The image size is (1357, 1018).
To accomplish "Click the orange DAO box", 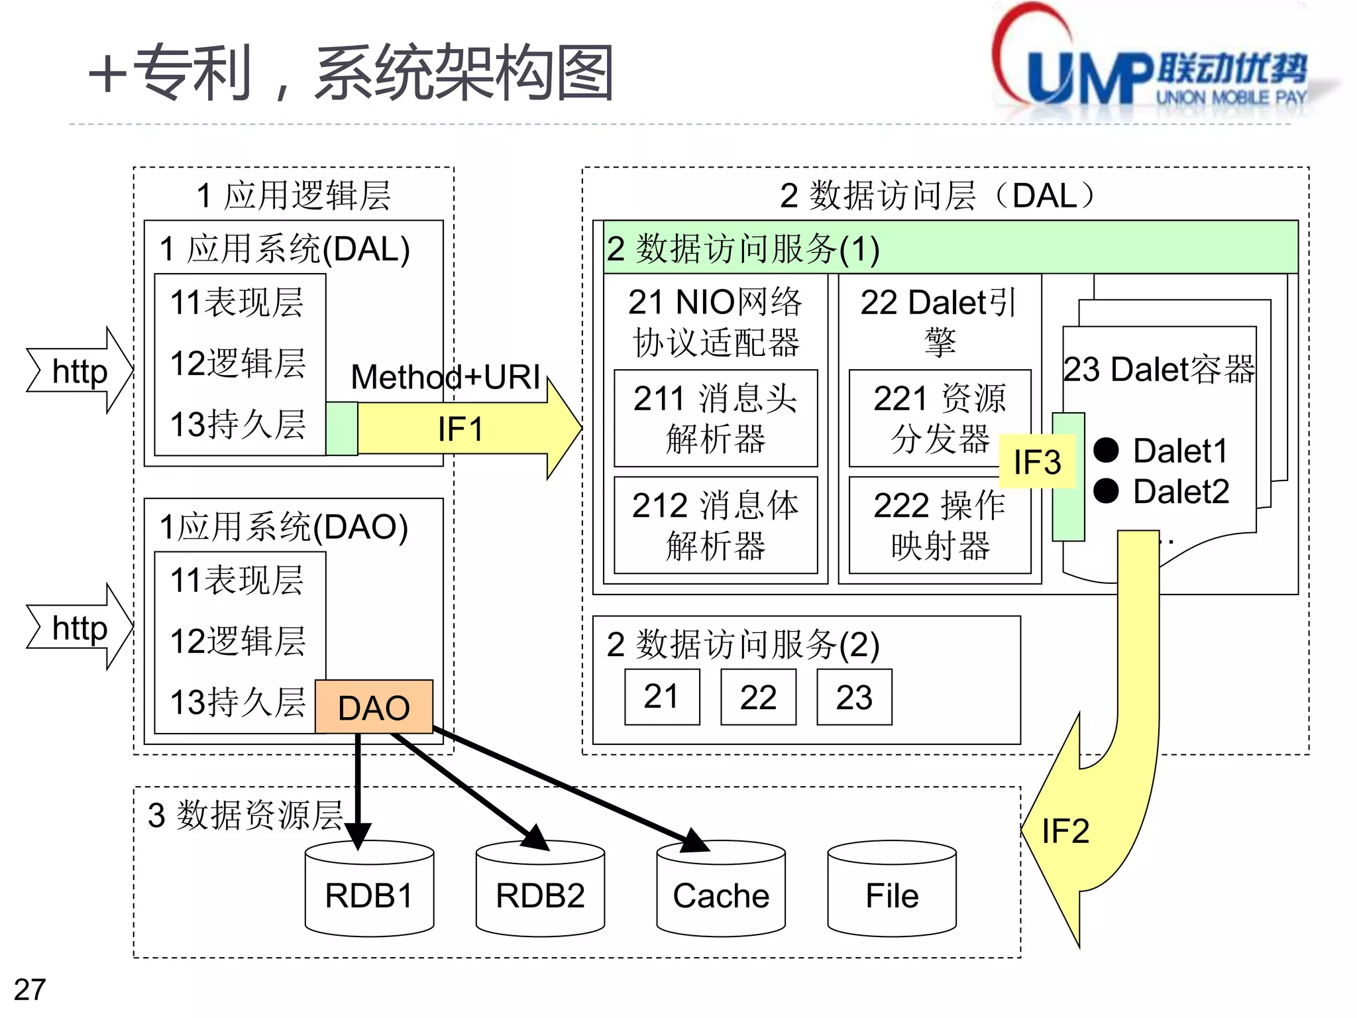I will click(374, 707).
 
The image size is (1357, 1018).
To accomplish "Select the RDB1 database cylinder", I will click(369, 895).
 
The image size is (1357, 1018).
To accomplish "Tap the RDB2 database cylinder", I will click(540, 895).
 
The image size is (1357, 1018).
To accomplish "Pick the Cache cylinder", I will click(721, 895).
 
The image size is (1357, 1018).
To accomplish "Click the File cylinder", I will click(892, 895).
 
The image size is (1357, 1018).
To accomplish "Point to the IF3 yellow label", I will click(1037, 462).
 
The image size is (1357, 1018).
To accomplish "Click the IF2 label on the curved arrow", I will click(1065, 831).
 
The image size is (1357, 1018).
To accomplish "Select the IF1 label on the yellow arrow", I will click(460, 429).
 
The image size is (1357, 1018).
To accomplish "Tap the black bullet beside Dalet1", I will click(1106, 451).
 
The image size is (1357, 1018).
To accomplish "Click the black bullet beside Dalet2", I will click(1106, 491).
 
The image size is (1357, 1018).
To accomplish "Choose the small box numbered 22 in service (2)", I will click(758, 697).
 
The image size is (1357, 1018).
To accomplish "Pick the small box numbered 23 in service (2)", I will click(854, 697).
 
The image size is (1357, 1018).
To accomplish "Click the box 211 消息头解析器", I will click(716, 418).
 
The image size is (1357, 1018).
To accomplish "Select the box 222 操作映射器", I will click(940, 525).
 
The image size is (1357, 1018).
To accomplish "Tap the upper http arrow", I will click(80, 371).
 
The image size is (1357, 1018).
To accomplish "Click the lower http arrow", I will click(80, 628).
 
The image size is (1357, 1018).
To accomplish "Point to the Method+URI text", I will click(445, 377).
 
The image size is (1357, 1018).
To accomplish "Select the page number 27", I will click(30, 990).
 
